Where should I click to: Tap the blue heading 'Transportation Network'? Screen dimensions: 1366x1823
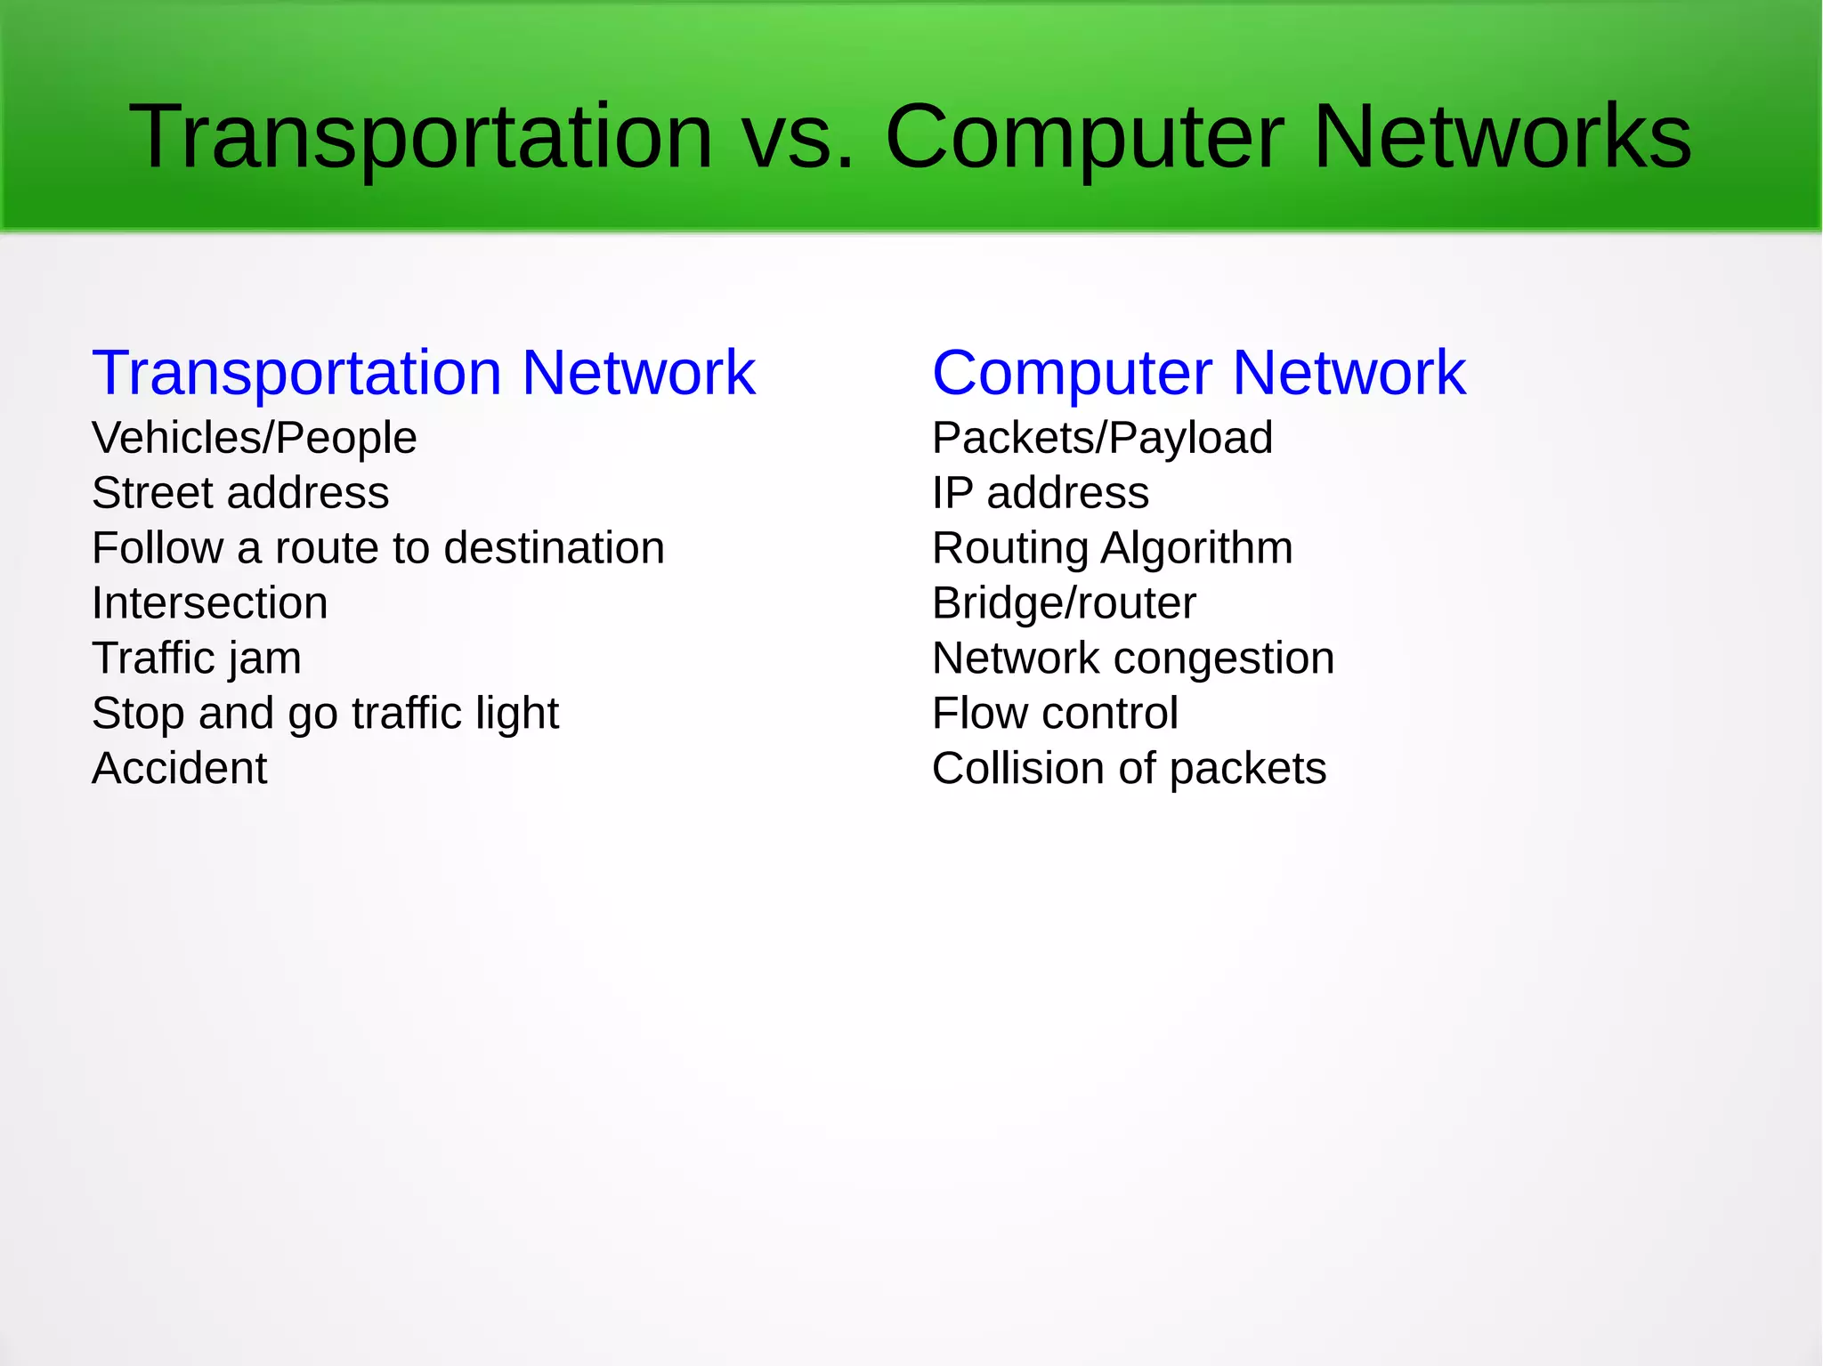click(424, 372)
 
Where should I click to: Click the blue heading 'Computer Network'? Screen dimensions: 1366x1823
click(1198, 372)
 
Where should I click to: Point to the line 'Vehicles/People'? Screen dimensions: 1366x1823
click(255, 438)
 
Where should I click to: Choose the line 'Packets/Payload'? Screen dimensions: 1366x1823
click(1102, 438)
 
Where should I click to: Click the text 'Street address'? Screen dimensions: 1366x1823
click(240, 493)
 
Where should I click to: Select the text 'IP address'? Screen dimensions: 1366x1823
click(1041, 493)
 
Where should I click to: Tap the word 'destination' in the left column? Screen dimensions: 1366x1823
click(554, 548)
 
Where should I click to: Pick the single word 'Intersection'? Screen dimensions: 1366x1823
click(210, 603)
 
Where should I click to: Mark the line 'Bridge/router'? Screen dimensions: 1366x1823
click(1064, 603)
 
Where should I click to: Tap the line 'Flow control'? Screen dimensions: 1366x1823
click(1055, 714)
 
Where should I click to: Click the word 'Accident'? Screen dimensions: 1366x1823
click(180, 769)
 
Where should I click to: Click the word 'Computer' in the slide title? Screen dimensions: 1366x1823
click(1083, 138)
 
